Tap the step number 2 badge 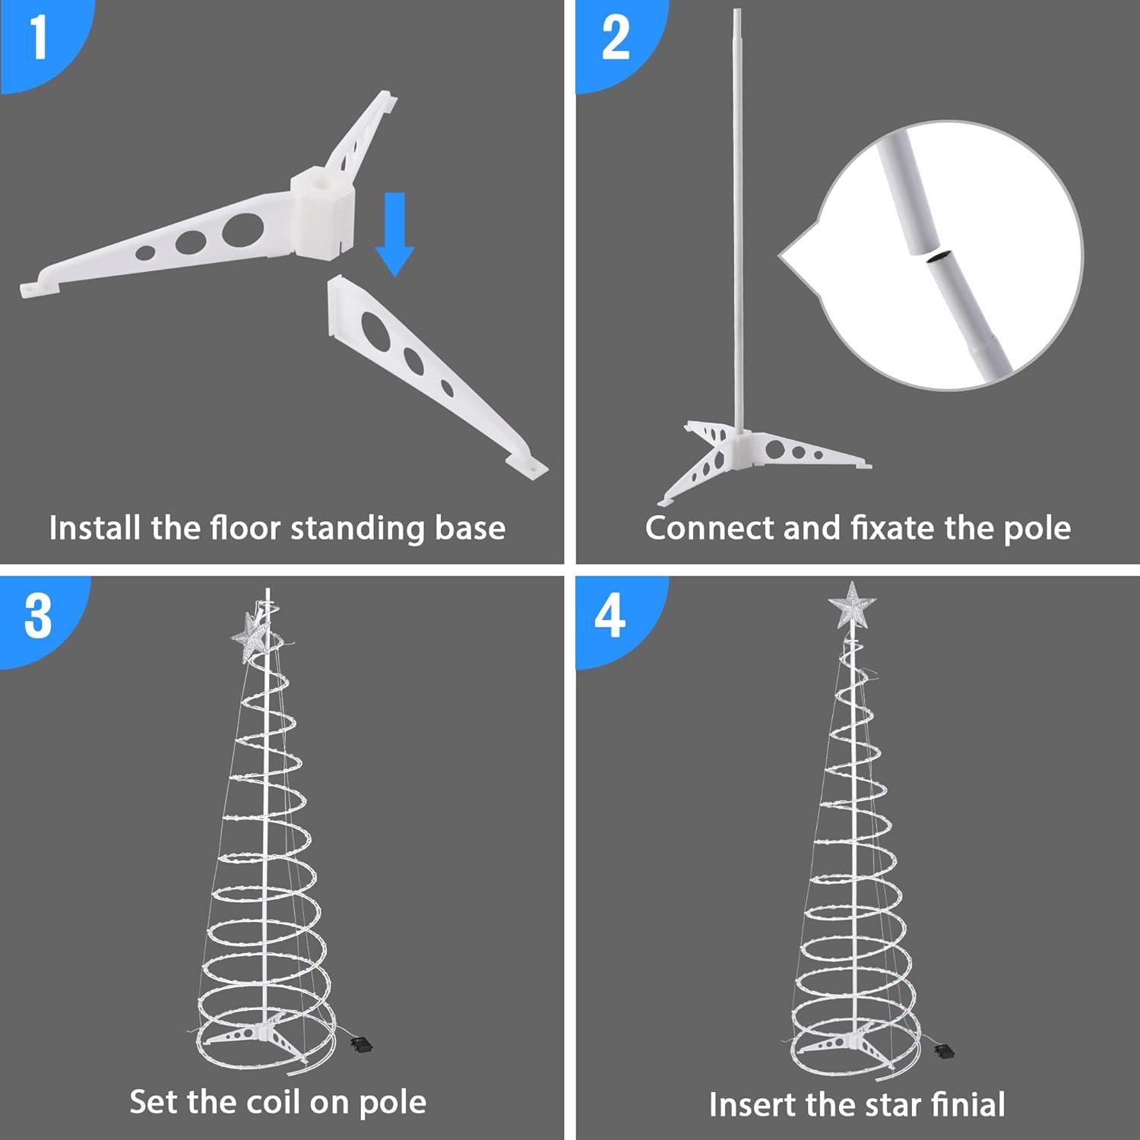pyautogui.click(x=614, y=38)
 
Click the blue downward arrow pyautogui.click(x=394, y=234)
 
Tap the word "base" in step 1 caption pyautogui.click(x=470, y=528)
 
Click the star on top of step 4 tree pyautogui.click(x=852, y=606)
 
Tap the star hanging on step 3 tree pyautogui.click(x=252, y=637)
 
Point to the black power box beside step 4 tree pyautogui.click(x=945, y=1051)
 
